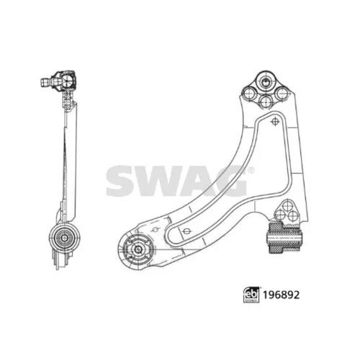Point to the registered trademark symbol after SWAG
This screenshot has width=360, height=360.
point(251,171)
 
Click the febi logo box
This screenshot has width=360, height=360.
point(251,294)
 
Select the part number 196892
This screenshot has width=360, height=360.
point(282,294)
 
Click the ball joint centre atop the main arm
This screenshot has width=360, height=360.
point(265,81)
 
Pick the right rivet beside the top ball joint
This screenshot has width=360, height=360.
point(282,94)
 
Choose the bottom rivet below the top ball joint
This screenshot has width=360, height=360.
point(266,101)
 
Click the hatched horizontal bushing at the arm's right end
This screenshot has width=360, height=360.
point(284,238)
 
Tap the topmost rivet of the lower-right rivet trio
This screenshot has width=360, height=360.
point(287,206)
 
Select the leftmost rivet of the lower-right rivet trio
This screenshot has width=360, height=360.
point(279,215)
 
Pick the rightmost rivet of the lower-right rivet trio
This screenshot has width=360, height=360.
point(293,216)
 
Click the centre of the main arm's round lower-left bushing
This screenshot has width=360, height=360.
point(138,249)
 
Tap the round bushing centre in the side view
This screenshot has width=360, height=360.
point(65,238)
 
